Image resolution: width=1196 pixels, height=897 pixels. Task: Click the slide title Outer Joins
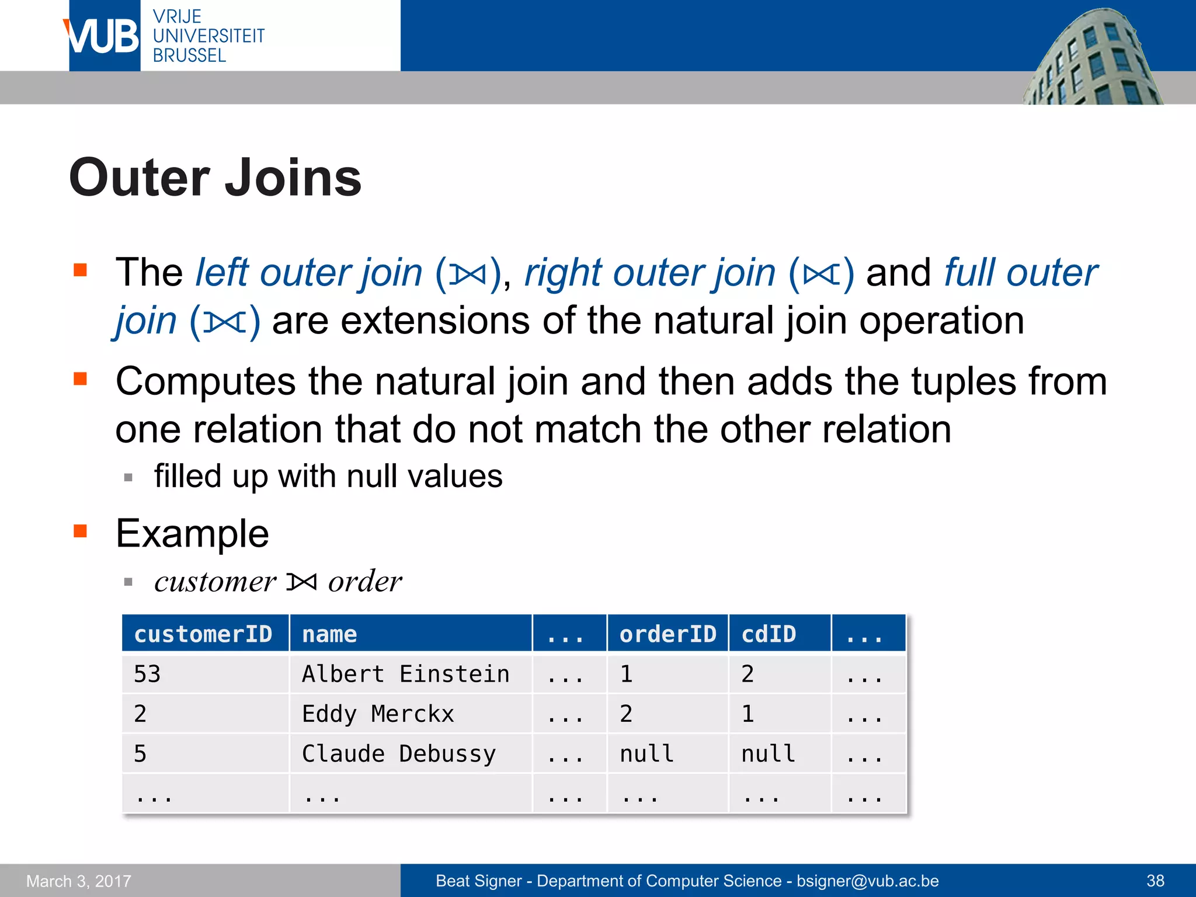(x=215, y=178)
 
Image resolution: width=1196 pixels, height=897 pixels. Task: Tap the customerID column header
(x=203, y=634)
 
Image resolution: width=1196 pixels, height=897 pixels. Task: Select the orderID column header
(x=667, y=634)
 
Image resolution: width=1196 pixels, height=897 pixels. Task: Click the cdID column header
(x=769, y=634)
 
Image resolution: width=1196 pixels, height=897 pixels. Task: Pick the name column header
(x=329, y=634)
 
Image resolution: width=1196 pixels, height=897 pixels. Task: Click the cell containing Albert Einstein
(x=405, y=675)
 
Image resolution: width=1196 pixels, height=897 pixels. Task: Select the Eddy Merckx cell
(x=378, y=714)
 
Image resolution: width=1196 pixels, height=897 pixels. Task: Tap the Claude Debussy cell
(x=399, y=754)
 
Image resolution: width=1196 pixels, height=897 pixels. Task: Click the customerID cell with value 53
(x=147, y=675)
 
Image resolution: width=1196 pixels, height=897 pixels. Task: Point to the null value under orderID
(x=646, y=754)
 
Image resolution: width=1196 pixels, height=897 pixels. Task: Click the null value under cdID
(x=768, y=754)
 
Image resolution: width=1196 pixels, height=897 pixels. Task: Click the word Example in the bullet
(x=192, y=534)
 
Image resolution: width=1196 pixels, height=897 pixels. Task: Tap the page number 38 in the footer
(x=1155, y=881)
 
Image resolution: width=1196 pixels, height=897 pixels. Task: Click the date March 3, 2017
(x=79, y=881)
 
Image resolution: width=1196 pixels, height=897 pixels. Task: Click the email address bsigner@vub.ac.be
(x=867, y=881)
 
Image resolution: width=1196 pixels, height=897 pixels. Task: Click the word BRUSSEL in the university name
(x=189, y=56)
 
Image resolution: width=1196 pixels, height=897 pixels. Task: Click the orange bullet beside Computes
(x=81, y=380)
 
